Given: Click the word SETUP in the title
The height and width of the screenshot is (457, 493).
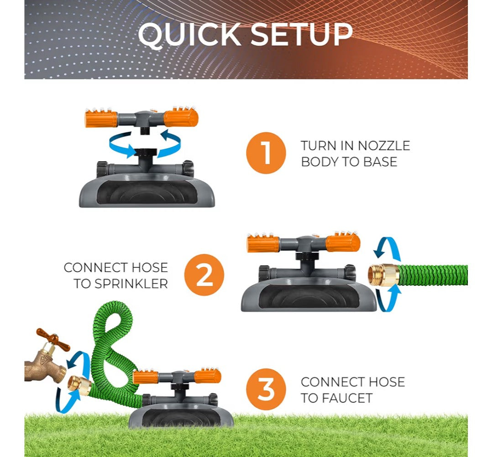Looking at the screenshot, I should tap(301, 34).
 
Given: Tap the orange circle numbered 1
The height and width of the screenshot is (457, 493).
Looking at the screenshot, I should tap(266, 153).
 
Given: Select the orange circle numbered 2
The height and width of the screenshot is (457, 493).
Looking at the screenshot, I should tap(204, 275).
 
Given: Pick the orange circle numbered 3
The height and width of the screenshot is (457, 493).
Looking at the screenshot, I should tap(266, 389).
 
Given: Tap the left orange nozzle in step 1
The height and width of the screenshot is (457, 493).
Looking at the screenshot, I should tap(101, 119).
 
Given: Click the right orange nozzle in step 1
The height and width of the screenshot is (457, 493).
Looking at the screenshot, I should tap(181, 118).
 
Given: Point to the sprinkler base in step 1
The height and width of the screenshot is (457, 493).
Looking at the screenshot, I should tap(147, 191).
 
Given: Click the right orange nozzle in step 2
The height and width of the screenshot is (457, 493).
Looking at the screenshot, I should tap(343, 242).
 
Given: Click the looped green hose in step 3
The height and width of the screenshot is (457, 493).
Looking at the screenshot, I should tap(112, 347).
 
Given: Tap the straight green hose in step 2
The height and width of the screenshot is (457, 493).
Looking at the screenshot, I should tap(434, 275).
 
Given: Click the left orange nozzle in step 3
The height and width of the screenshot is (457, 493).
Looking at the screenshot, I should tap(146, 377).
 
